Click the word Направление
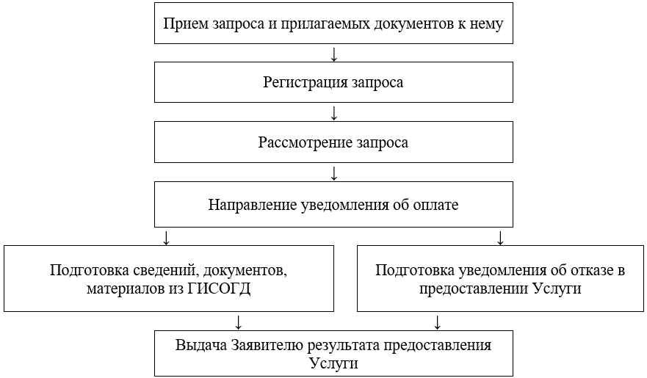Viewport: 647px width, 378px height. pyautogui.click(x=253, y=205)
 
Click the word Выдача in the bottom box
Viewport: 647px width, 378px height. pyautogui.click(x=201, y=345)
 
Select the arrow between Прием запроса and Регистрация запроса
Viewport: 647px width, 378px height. pyautogui.click(x=334, y=54)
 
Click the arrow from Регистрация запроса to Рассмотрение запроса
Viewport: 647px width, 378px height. pyautogui.click(x=334, y=113)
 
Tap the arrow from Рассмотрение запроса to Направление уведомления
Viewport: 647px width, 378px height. pyautogui.click(x=334, y=174)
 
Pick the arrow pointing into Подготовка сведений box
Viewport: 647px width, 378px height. pyautogui.click(x=166, y=237)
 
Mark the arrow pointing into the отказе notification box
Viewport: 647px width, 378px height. pyautogui.click(x=501, y=237)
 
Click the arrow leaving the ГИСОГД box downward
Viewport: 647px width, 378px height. pyautogui.click(x=238, y=321)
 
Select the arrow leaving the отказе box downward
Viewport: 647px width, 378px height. pyautogui.click(x=438, y=321)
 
